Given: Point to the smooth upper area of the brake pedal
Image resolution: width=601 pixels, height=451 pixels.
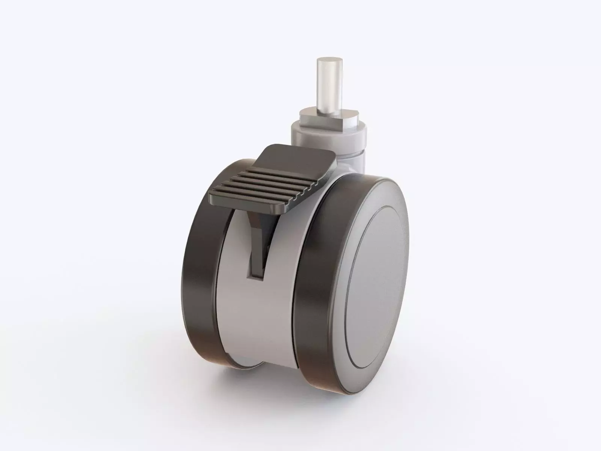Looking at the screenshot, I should click(x=285, y=157).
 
